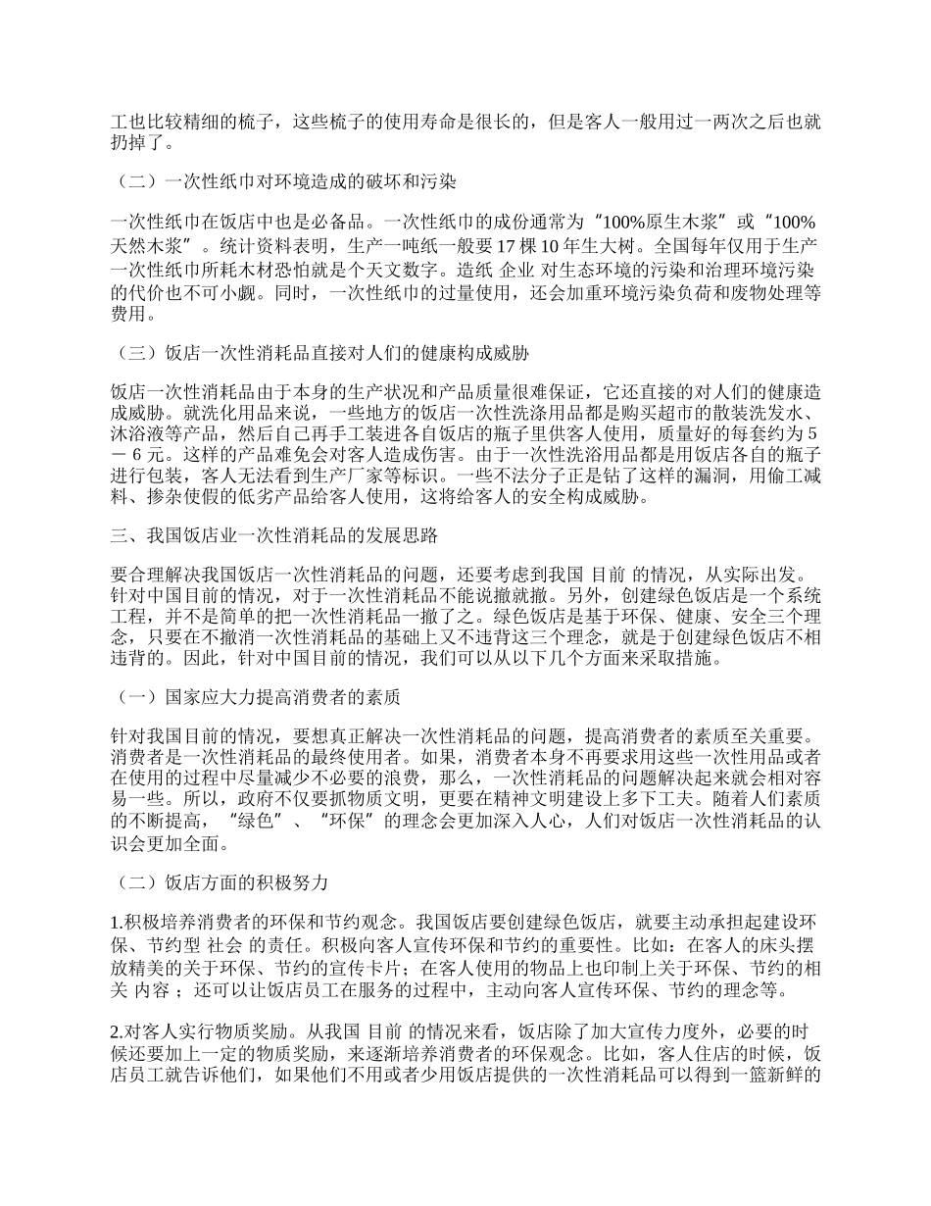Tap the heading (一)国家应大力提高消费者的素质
[x=257, y=697]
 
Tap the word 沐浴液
[x=140, y=433]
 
